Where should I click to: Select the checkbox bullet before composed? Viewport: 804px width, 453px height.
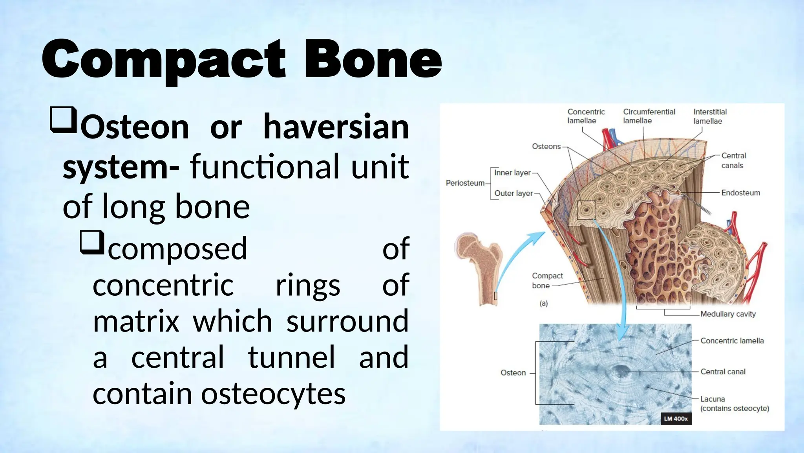point(92,242)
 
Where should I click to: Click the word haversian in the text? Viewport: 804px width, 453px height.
point(336,127)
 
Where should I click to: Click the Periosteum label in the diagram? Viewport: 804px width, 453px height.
point(465,183)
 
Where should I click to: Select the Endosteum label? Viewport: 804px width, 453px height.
point(740,193)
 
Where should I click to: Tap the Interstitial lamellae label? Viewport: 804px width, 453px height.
point(710,116)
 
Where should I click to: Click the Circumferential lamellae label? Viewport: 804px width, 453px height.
point(649,116)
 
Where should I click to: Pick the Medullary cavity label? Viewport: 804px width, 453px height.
point(728,314)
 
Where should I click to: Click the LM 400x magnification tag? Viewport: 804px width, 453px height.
point(676,419)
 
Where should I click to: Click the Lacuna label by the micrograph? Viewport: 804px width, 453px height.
point(713,399)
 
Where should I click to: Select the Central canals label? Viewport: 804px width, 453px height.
point(733,160)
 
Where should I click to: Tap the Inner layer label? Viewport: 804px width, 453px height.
point(512,173)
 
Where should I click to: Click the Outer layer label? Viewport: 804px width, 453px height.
point(513,193)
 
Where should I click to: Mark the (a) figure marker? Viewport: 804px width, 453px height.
point(544,303)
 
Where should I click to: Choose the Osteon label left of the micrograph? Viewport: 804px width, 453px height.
point(513,373)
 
